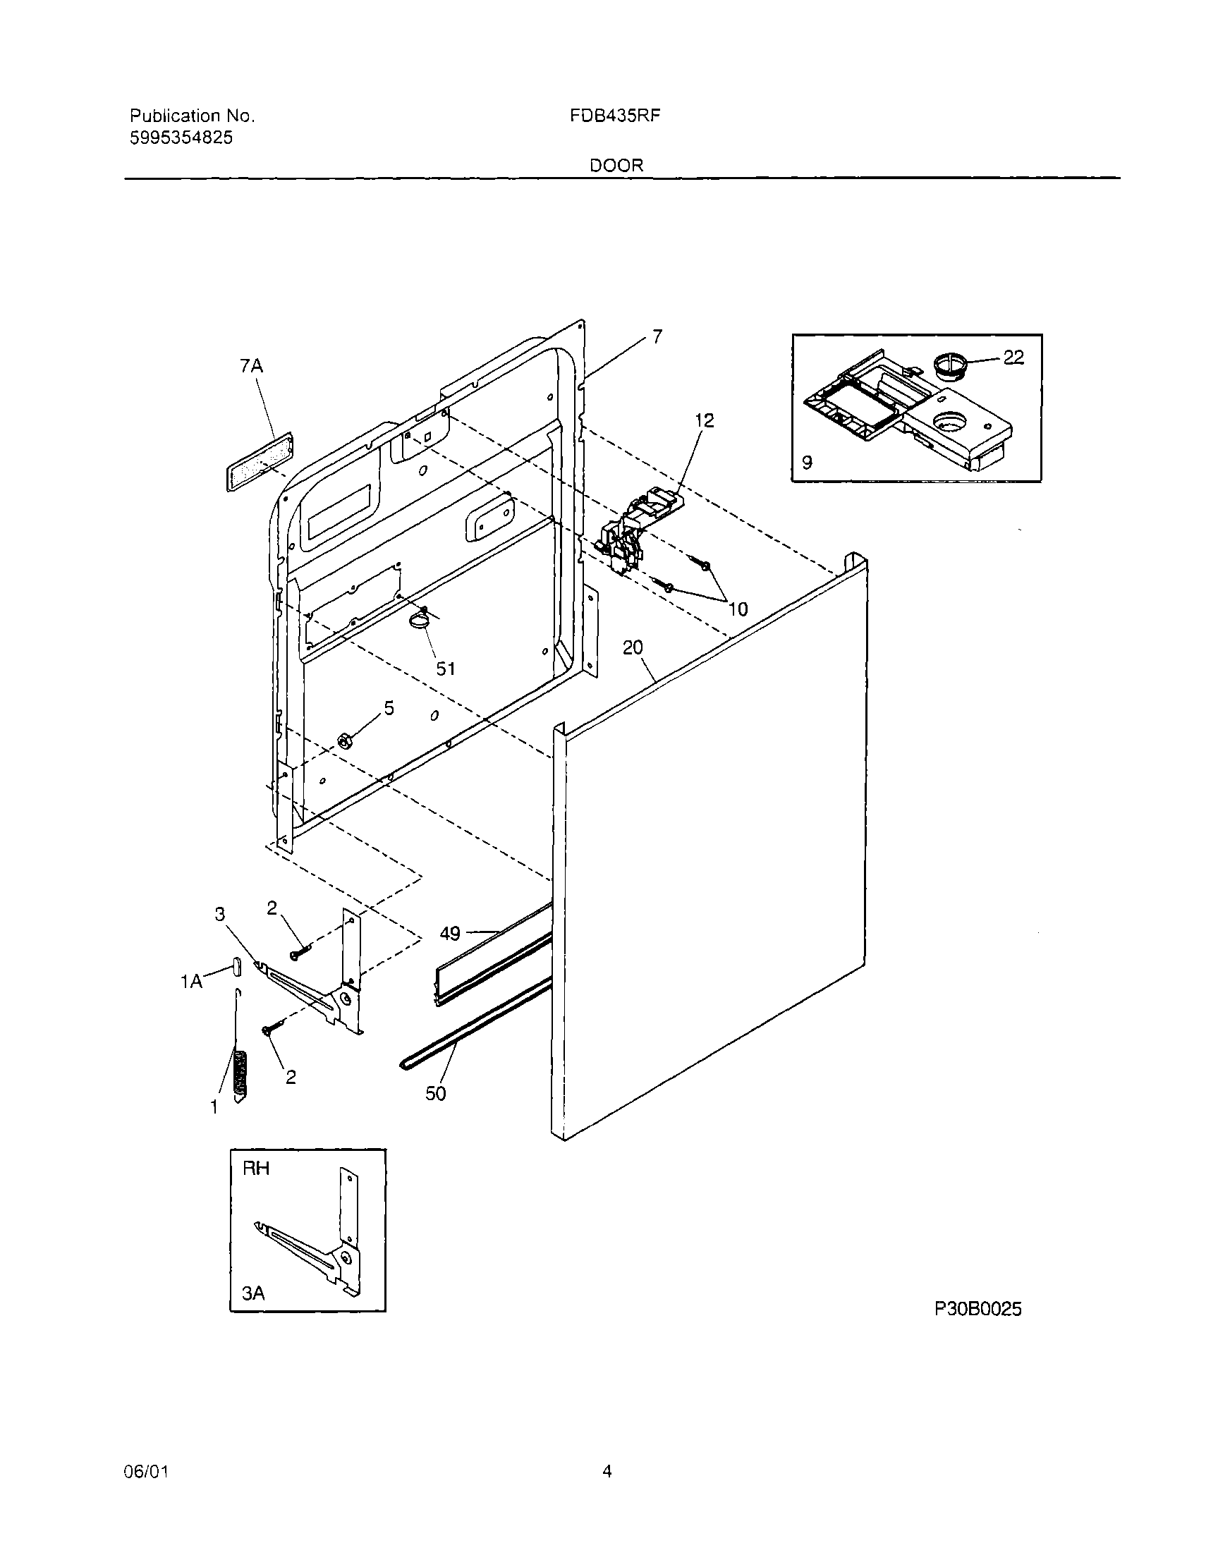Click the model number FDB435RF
click(614, 116)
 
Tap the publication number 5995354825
click(181, 138)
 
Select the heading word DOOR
click(616, 166)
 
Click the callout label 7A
click(250, 367)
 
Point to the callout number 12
click(704, 420)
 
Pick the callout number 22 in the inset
click(1013, 357)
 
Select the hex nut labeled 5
click(343, 740)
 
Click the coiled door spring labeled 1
click(241, 1073)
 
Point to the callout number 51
click(446, 669)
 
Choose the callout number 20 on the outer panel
click(633, 648)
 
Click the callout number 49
click(450, 934)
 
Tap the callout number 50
click(436, 1094)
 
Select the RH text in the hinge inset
click(256, 1169)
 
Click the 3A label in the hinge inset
click(252, 1293)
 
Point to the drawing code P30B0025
click(978, 1310)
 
